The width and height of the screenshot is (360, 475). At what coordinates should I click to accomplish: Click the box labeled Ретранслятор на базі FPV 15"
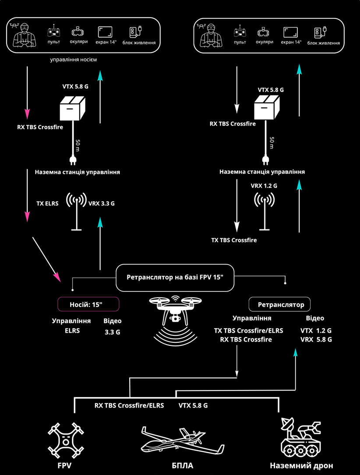point(175,278)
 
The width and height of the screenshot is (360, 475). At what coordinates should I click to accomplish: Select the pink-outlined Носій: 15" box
point(88,304)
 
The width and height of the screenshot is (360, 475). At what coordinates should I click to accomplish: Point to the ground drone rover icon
point(300,438)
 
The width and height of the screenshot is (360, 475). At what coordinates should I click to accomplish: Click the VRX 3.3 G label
point(102,204)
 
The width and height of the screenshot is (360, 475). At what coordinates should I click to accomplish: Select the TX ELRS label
point(47,204)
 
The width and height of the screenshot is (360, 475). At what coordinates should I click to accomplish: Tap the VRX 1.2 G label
point(264,186)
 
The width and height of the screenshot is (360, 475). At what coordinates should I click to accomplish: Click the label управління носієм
point(73,60)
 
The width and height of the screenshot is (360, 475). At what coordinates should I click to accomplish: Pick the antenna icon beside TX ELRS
point(76,211)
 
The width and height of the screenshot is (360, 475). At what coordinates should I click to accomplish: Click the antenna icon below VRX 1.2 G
point(265,211)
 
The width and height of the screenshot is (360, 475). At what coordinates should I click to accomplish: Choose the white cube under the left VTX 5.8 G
point(72,108)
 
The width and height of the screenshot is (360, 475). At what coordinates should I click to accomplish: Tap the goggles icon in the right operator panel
point(264,32)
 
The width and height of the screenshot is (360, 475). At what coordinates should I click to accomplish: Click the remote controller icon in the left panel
point(53,31)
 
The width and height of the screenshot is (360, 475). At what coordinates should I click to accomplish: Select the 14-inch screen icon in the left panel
point(105,32)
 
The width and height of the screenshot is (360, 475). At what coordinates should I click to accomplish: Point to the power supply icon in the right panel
point(321,32)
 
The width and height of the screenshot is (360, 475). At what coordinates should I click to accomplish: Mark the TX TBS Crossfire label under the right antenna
point(234,240)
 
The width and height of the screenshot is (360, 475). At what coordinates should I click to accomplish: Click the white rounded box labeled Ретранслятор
point(279,304)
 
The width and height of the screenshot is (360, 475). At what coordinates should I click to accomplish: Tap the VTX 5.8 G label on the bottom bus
point(193,405)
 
